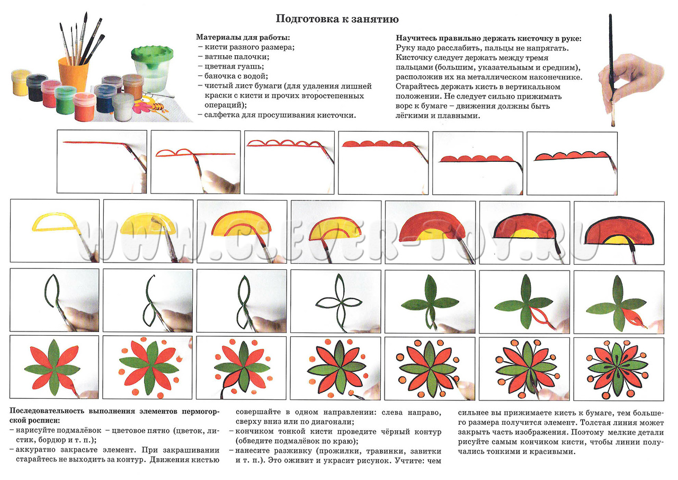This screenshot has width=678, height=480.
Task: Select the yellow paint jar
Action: pos(21,82)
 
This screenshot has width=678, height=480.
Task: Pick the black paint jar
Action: pos(37,88)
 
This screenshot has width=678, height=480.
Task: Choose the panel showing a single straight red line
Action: pos(102,162)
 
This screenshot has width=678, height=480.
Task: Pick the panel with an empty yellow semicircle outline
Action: pos(55,231)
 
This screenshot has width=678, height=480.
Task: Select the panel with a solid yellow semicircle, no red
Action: pos(148,231)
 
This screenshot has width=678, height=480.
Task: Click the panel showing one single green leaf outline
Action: pos(55,300)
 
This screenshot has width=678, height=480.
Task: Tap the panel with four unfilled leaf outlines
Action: pos(335,300)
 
